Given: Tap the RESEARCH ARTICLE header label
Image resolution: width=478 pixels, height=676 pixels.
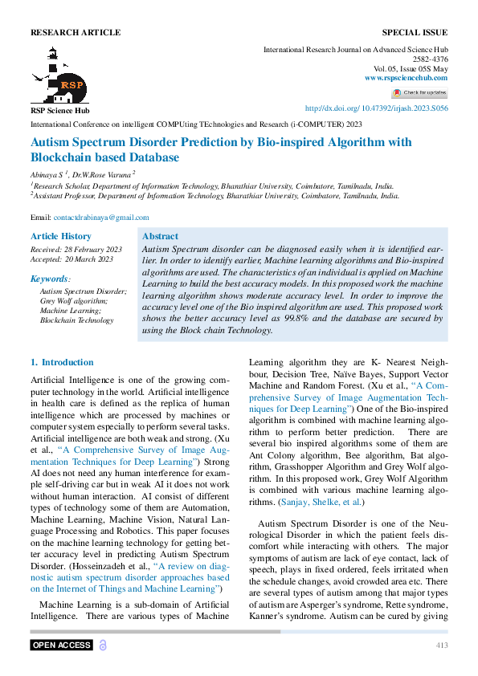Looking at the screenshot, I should point(76,33).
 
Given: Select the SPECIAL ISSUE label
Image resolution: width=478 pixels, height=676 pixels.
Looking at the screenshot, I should point(415,33).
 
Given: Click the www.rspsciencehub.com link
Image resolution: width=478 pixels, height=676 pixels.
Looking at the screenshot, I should point(406,78).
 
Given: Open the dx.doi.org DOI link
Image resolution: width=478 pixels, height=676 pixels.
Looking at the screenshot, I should point(377,108).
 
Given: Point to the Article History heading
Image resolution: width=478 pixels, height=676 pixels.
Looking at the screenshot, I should point(61,236).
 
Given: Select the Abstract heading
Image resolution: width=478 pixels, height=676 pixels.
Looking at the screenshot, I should point(160,237).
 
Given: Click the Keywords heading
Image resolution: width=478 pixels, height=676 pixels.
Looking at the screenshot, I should point(50,279).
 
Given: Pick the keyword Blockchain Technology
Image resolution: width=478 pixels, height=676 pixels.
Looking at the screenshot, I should point(77,320).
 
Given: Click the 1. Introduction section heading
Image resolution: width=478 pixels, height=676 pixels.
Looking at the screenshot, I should point(62,363).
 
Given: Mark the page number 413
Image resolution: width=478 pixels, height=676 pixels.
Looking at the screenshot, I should point(442,645).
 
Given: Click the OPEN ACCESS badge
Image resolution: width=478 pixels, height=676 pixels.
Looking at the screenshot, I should point(61,645).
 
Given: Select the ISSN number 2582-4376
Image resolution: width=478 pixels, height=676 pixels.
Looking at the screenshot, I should point(431,59).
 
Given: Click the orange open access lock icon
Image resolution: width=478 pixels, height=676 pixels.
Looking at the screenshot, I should point(103,645).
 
